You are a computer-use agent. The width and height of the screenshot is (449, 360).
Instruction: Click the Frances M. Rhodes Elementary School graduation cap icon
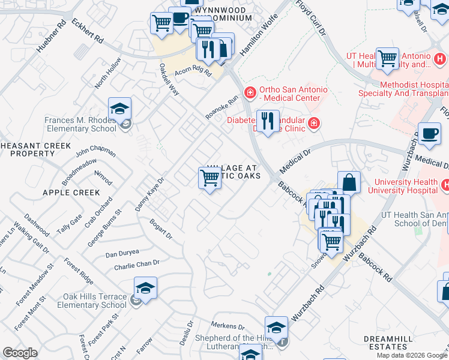pos(120,109)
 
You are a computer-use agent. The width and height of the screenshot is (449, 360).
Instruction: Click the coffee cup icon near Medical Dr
pos(430,134)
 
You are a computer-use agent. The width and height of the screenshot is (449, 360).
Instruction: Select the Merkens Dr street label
pos(228,326)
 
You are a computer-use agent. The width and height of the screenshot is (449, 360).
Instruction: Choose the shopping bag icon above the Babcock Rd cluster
pos(349,182)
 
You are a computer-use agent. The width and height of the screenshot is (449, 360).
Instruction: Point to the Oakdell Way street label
pos(169,79)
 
